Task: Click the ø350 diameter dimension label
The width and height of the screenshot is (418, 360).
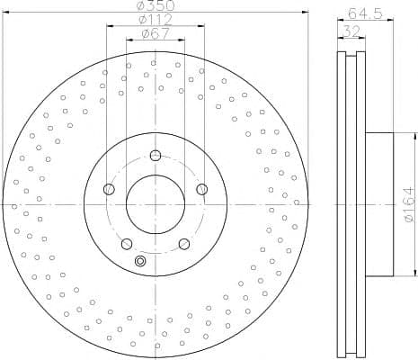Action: (x=156, y=5)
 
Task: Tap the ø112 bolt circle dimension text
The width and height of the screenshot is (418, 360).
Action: (x=156, y=20)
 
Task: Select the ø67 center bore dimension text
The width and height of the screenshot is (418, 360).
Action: (x=156, y=33)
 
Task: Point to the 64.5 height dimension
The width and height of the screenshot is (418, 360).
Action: (x=365, y=13)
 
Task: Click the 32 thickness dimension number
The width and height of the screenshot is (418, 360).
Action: (x=351, y=31)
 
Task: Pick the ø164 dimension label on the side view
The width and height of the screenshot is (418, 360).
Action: (x=409, y=205)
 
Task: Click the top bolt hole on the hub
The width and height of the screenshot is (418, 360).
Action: (x=156, y=156)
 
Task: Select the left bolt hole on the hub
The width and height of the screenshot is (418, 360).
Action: (x=109, y=189)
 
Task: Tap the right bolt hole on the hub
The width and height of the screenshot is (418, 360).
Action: (x=202, y=189)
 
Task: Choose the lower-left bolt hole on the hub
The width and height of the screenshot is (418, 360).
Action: (x=127, y=244)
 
